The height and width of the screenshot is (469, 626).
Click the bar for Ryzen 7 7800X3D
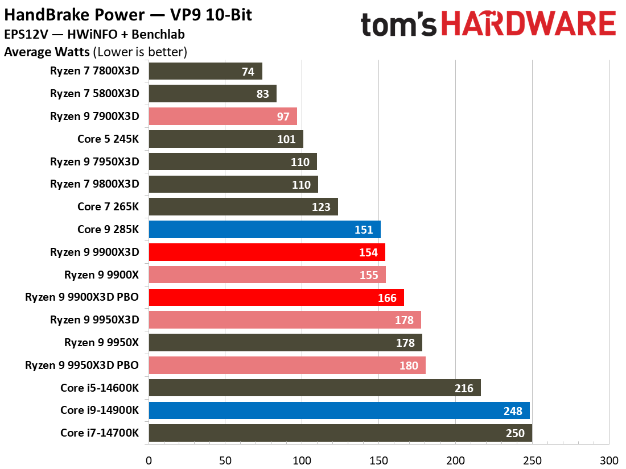tap(205, 72)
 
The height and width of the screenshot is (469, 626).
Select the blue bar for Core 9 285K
tap(264, 230)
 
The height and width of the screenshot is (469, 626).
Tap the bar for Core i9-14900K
tap(339, 410)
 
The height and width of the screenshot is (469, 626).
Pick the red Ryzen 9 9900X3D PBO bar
tap(276, 297)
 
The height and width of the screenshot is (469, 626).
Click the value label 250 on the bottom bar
tap(516, 433)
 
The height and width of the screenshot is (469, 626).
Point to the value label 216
tap(464, 388)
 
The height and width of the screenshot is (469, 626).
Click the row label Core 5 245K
tap(108, 139)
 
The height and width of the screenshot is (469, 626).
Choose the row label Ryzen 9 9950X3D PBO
tap(82, 365)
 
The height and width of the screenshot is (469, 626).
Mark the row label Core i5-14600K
tap(100, 388)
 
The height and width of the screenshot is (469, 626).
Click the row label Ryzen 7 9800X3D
tap(94, 184)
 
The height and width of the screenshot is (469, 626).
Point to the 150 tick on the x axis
tap(379, 460)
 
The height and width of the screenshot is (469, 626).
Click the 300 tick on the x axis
tap(609, 460)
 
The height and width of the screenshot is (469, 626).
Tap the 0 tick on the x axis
tap(149, 460)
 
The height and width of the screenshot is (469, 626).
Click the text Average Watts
tap(47, 53)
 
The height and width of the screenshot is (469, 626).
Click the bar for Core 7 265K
tap(243, 207)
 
